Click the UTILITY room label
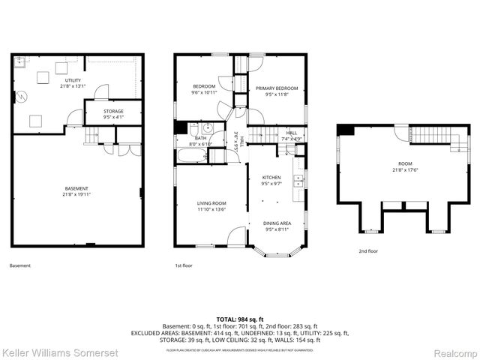coord(73,80)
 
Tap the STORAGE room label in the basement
coord(113,111)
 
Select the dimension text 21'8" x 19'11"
coord(76,195)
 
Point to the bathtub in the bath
coord(190,156)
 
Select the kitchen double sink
coord(298,180)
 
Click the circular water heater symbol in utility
coord(22,96)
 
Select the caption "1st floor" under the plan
coord(184,265)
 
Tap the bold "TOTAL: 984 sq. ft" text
coord(239,319)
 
